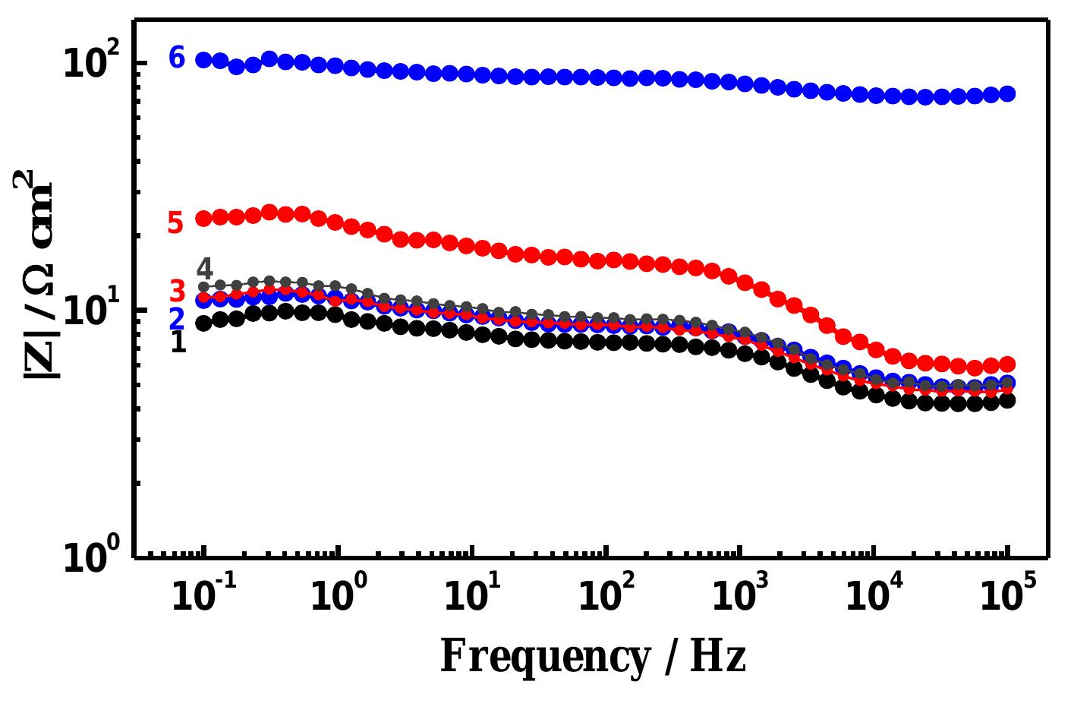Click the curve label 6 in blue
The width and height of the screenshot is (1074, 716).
coord(177,58)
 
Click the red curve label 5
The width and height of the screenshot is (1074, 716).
coord(175,223)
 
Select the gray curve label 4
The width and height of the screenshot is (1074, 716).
coord(204,269)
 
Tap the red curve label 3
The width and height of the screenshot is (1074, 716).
coord(177,291)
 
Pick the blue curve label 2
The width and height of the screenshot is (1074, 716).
coord(177,318)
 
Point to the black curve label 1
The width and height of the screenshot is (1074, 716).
coord(178,342)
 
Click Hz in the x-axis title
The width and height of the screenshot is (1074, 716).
coord(717,657)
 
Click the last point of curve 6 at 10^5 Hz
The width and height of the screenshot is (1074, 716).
coord(1008,94)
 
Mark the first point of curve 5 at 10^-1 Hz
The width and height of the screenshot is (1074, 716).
coord(203,219)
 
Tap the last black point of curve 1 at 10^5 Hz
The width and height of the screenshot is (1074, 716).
coord(1008,401)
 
